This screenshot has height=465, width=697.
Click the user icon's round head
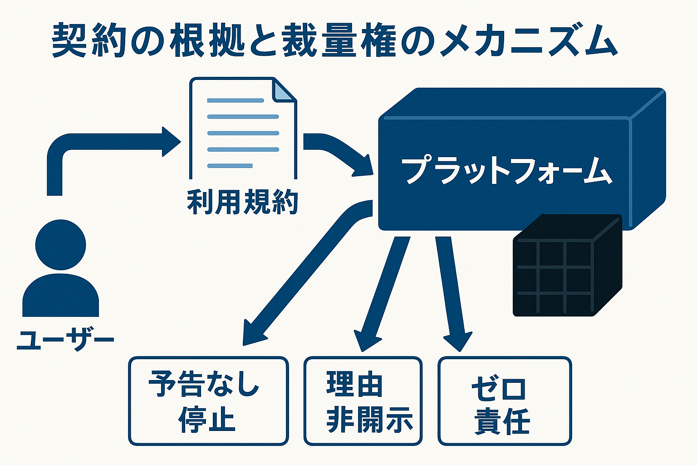60,245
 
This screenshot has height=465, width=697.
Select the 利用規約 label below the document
242,203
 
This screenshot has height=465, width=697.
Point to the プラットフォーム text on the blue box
506,171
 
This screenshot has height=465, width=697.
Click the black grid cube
565,268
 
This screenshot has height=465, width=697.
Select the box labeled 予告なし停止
208,401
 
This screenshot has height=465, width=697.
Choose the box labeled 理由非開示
363,401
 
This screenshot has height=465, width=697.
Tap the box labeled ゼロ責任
504,401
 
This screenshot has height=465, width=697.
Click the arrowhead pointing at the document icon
171,142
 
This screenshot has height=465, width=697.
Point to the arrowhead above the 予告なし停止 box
254,334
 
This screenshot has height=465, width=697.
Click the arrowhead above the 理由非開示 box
367,341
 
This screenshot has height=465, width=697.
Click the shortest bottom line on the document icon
230,166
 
